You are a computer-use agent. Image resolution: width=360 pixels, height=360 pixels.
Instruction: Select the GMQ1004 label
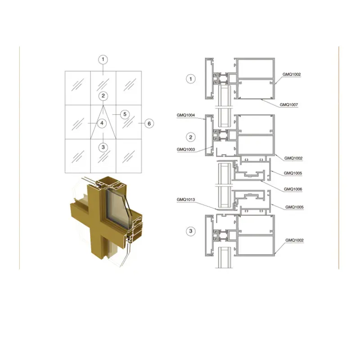[x=186, y=115]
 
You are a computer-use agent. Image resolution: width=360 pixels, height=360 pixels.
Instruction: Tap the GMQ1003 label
[x=186, y=149]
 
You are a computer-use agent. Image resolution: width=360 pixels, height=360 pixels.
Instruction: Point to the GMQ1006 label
[x=293, y=189]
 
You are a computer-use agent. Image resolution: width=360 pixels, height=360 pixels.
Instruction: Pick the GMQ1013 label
[x=186, y=199]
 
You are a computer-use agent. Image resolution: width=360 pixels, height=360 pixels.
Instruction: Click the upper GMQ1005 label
[x=293, y=173]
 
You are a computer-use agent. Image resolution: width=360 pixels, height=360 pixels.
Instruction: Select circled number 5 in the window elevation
[x=125, y=114]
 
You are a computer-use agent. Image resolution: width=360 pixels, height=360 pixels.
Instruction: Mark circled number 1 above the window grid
[x=103, y=59]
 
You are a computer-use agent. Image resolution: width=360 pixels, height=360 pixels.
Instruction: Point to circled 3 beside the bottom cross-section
[x=191, y=231]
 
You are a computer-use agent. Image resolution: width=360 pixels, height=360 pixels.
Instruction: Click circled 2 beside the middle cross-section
[x=191, y=137]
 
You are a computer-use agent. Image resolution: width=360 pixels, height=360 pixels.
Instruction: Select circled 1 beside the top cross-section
[x=191, y=79]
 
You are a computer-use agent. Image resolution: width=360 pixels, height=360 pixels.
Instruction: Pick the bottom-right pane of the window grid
[x=129, y=155]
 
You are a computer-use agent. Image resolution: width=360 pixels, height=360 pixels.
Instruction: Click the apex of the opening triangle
[x=103, y=104]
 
